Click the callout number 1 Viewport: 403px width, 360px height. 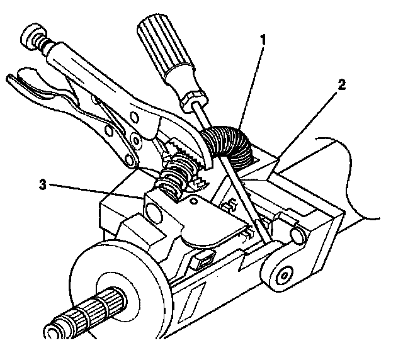coord(263,40)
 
